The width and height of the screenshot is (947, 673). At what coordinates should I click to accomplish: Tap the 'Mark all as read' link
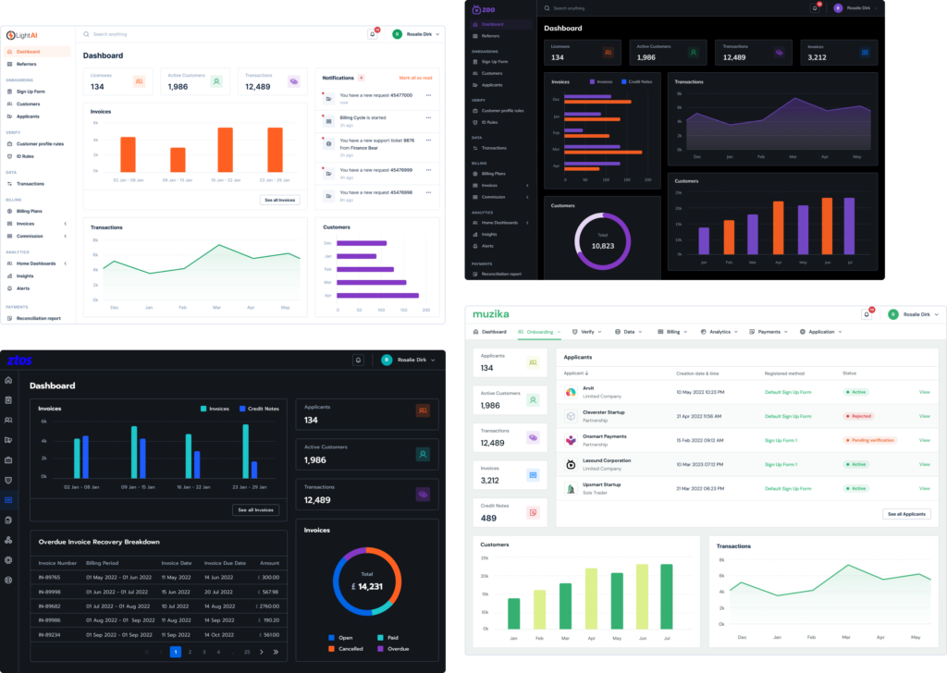click(415, 78)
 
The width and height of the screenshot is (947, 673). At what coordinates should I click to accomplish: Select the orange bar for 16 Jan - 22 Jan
click(225, 150)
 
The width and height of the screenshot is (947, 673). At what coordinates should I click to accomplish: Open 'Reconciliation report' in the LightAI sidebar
click(38, 318)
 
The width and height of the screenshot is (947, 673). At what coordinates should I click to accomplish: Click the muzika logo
click(491, 313)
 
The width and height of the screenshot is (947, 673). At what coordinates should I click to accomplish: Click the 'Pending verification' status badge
click(869, 440)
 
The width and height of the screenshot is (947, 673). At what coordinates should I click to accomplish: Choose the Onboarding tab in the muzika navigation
click(539, 331)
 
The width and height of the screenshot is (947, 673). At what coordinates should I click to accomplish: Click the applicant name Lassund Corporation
click(606, 460)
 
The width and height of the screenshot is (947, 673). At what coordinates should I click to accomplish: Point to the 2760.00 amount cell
click(269, 606)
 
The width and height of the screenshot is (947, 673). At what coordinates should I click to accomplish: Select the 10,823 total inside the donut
click(603, 245)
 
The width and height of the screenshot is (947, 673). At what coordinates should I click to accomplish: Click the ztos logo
click(20, 360)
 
